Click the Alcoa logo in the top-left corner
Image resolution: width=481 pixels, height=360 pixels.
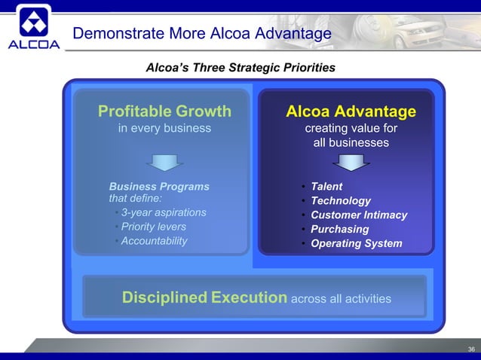tap(33, 28)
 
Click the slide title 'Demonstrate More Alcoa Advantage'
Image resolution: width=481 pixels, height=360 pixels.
tap(201, 34)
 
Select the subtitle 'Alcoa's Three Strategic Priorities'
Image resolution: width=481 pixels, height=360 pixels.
tap(240, 69)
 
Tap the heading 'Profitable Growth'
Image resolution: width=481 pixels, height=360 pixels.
tap(164, 111)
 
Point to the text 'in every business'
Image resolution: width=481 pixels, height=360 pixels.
tap(164, 128)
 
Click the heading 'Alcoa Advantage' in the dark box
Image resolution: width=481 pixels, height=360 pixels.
tap(351, 111)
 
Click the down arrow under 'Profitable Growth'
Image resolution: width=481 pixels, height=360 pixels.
tap(164, 162)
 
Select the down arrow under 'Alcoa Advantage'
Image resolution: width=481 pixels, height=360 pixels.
tap(351, 162)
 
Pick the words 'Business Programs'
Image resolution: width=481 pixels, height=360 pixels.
tap(159, 186)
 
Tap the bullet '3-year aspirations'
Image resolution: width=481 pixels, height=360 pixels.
tap(164, 212)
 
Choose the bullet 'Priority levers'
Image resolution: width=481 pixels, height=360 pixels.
tap(153, 227)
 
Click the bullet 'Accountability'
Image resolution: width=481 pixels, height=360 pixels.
tap(154, 241)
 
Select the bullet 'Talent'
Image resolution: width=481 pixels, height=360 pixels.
tap(326, 186)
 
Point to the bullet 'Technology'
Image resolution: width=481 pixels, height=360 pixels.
tap(341, 200)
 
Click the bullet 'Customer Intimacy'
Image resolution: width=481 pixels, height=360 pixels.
tap(359, 215)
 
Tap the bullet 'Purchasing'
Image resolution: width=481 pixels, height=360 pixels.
tap(340, 229)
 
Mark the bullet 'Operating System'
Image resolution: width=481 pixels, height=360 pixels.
tap(357, 243)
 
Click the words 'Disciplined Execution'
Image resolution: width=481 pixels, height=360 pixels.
tap(204, 297)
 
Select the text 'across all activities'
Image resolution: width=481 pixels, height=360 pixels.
tap(341, 299)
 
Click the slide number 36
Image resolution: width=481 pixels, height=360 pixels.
tap(471, 349)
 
